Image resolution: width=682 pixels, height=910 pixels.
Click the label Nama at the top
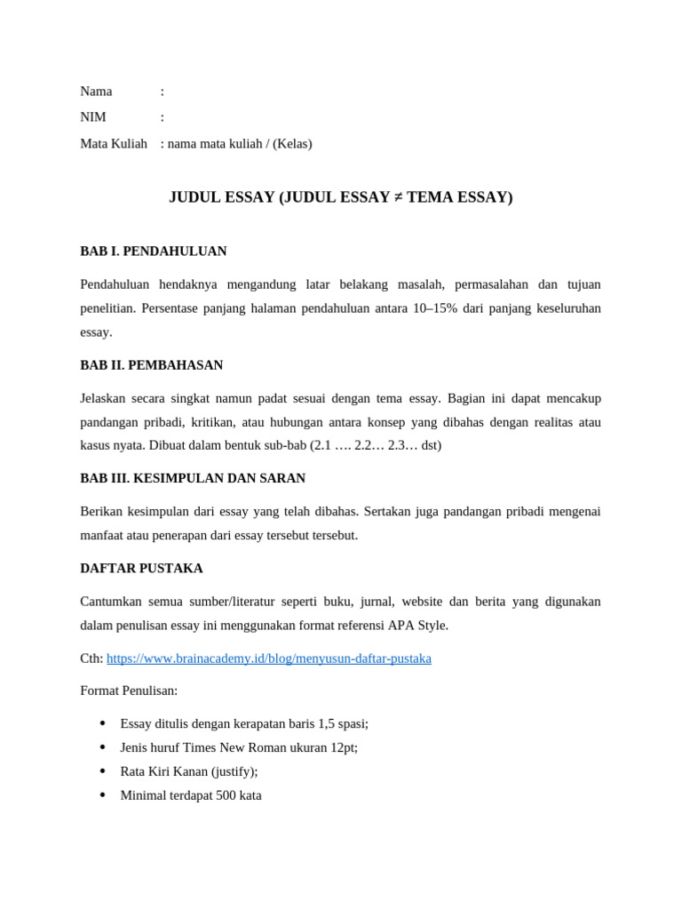[x=96, y=92]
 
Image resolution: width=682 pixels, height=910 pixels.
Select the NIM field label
[x=93, y=117]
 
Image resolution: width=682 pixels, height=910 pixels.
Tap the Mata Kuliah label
[x=114, y=144]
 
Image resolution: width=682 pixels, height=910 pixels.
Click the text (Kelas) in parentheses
[x=292, y=144]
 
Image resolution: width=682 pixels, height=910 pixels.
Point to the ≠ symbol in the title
[x=398, y=197]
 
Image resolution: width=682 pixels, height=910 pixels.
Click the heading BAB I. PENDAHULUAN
[x=154, y=251]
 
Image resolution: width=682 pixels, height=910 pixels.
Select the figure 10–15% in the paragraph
[x=435, y=308]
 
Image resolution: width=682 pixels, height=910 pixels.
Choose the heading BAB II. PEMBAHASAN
[x=152, y=365]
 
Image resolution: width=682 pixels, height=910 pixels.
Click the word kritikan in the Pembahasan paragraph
[x=217, y=422]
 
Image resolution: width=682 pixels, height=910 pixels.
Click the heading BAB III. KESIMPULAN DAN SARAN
[x=193, y=478]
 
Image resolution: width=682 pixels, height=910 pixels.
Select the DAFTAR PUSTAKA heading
[x=142, y=568]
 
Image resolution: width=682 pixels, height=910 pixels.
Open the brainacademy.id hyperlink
[x=269, y=659]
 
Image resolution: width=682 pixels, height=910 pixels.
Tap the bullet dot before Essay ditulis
[x=102, y=723]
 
